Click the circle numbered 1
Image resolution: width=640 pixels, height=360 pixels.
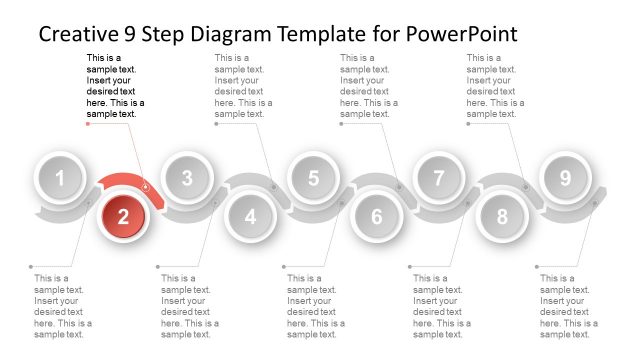pyautogui.click(x=61, y=180)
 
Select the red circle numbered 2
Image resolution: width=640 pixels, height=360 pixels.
pyautogui.click(x=123, y=215)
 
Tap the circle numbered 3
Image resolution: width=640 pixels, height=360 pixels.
pyautogui.click(x=187, y=180)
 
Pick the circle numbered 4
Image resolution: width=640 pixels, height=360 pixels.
pyautogui.click(x=250, y=215)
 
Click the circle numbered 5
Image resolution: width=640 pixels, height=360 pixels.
pyautogui.click(x=313, y=180)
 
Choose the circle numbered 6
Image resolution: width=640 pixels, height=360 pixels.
pyautogui.click(x=376, y=215)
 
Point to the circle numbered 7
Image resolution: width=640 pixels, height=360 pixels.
pyautogui.click(x=438, y=180)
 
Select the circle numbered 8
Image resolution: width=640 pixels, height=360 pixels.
pyautogui.click(x=502, y=215)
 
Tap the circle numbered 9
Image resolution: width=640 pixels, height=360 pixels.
pyautogui.click(x=565, y=180)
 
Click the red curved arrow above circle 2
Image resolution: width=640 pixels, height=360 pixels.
pyautogui.click(x=125, y=182)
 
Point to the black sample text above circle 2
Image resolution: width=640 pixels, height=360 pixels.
pyautogui.click(x=115, y=86)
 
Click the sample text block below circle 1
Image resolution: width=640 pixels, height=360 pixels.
pyautogui.click(x=62, y=306)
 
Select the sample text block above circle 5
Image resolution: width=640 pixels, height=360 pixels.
pyautogui.click(x=368, y=86)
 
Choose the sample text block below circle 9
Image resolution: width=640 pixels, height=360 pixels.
pyautogui.click(x=568, y=306)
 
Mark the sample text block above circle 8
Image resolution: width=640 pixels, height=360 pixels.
pyautogui.click(x=495, y=86)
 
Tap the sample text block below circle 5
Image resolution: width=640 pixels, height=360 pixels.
pyautogui.click(x=315, y=306)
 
